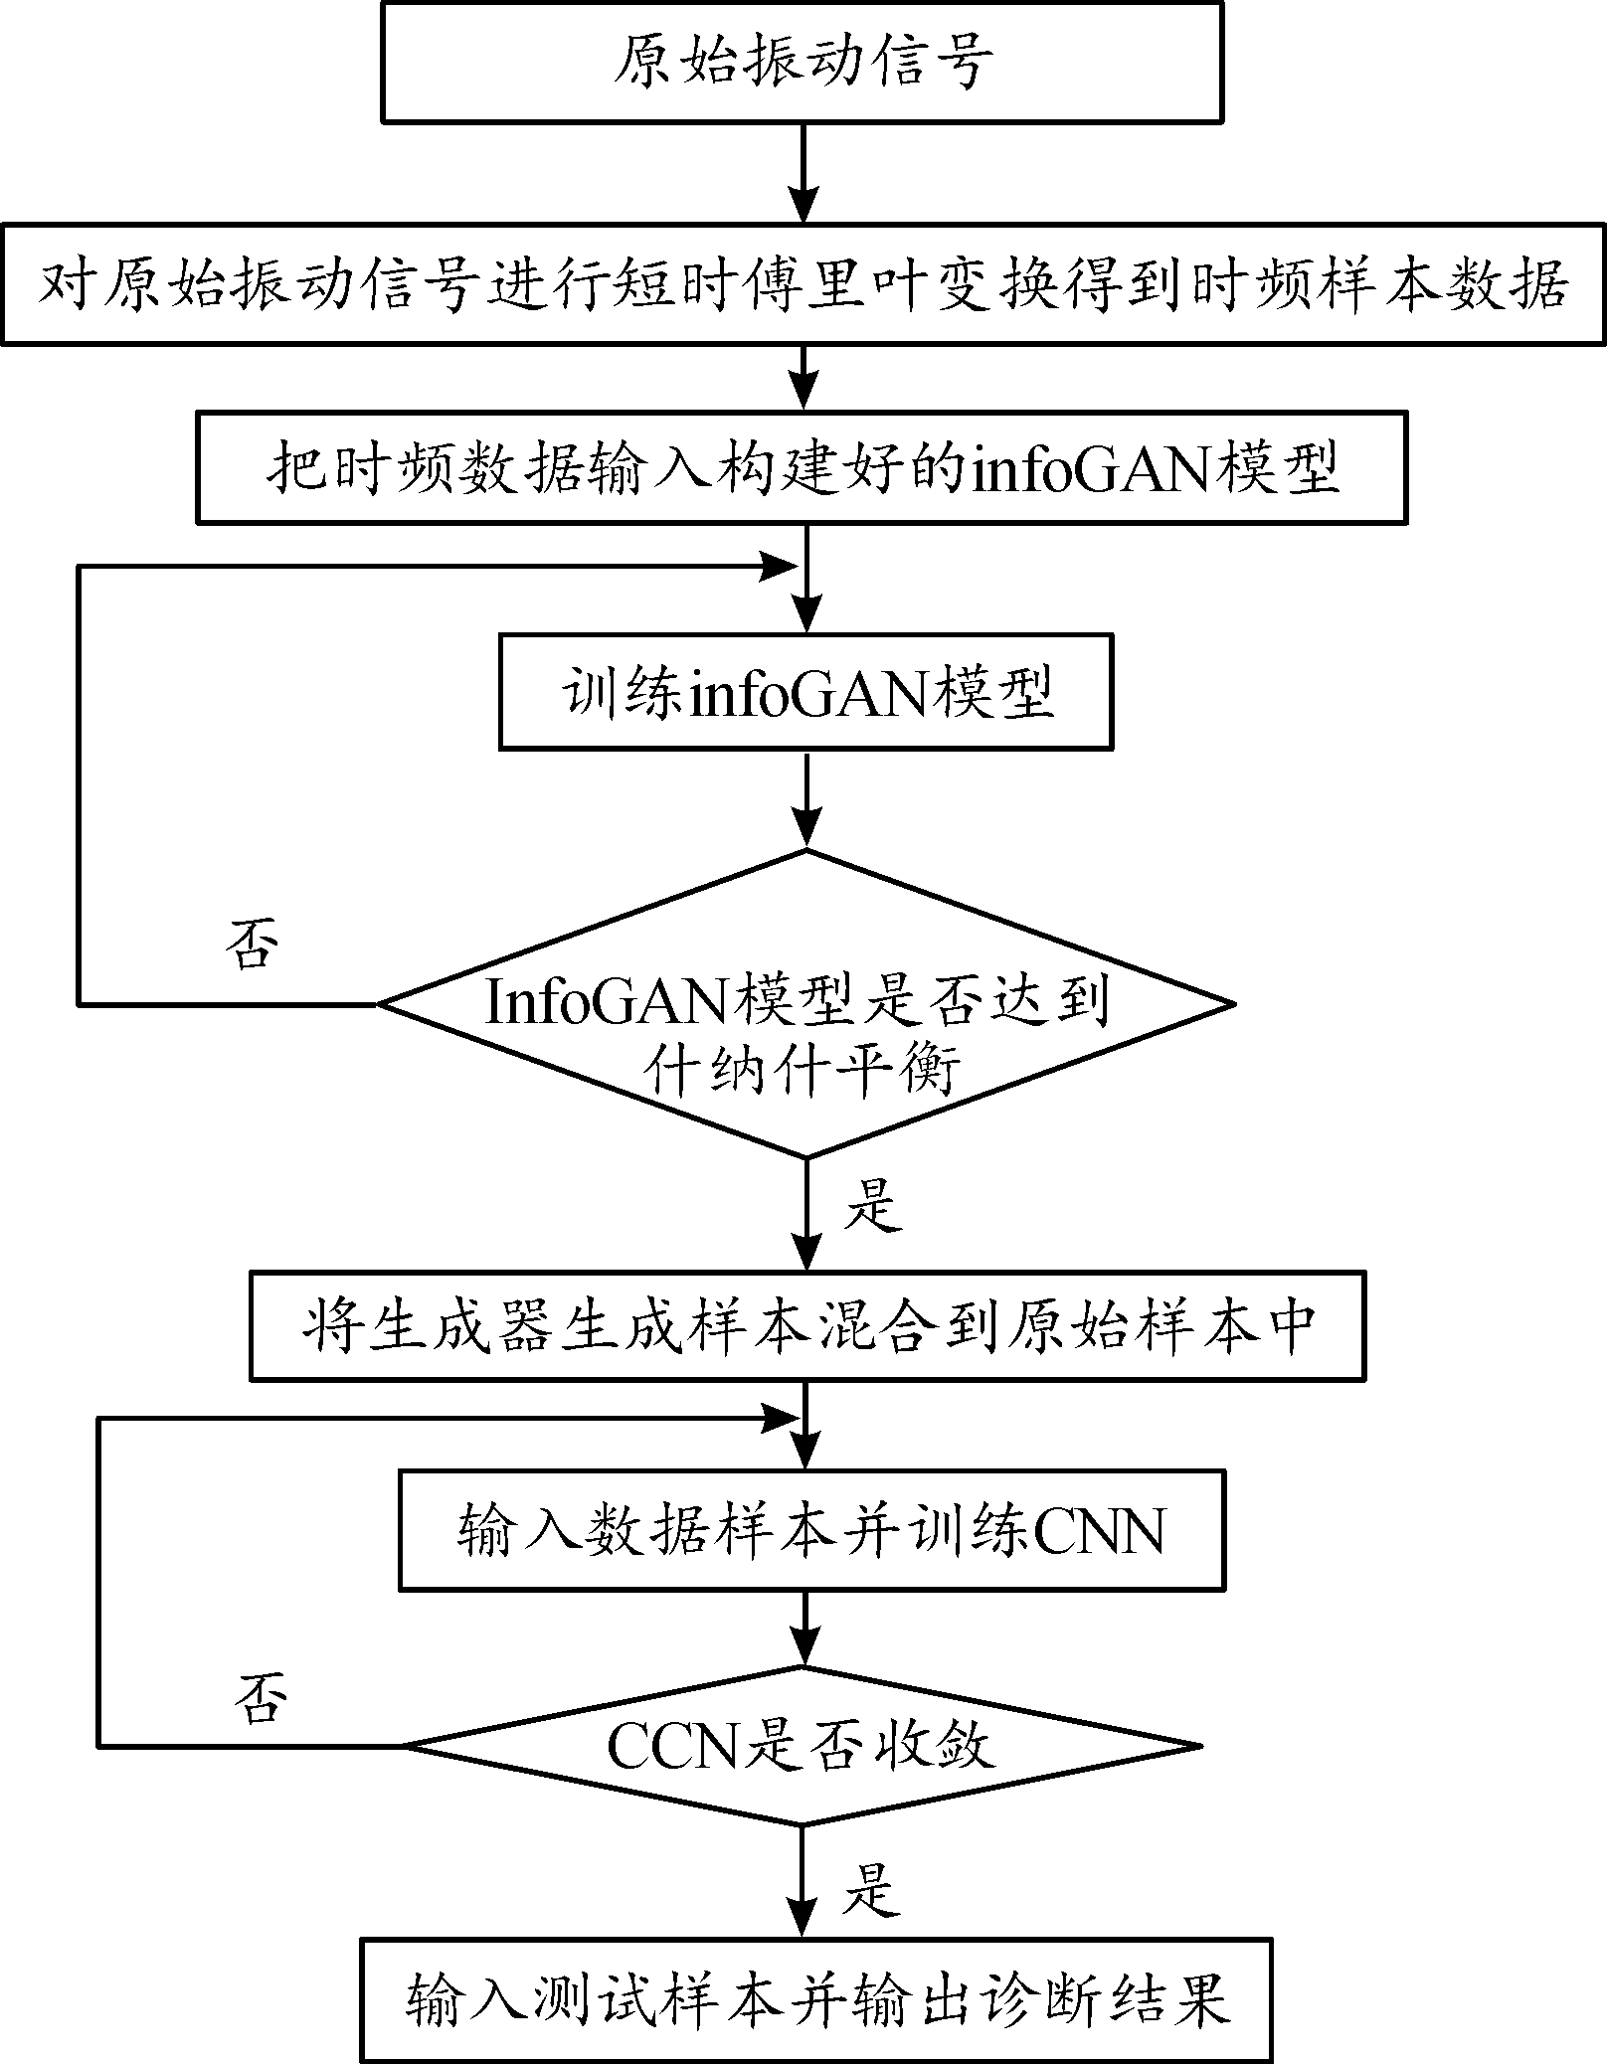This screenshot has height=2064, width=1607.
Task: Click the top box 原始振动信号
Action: click(x=802, y=62)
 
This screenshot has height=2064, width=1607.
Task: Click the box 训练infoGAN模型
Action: click(x=804, y=693)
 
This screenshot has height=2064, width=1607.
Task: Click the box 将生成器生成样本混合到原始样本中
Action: click(x=806, y=1325)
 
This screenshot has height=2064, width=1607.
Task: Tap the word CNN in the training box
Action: click(x=1100, y=1532)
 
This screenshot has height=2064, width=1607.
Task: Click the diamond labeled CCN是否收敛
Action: click(x=802, y=1746)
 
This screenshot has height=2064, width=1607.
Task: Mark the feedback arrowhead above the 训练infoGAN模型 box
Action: click(x=779, y=569)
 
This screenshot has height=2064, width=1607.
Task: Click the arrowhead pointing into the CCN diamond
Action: click(x=803, y=1647)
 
